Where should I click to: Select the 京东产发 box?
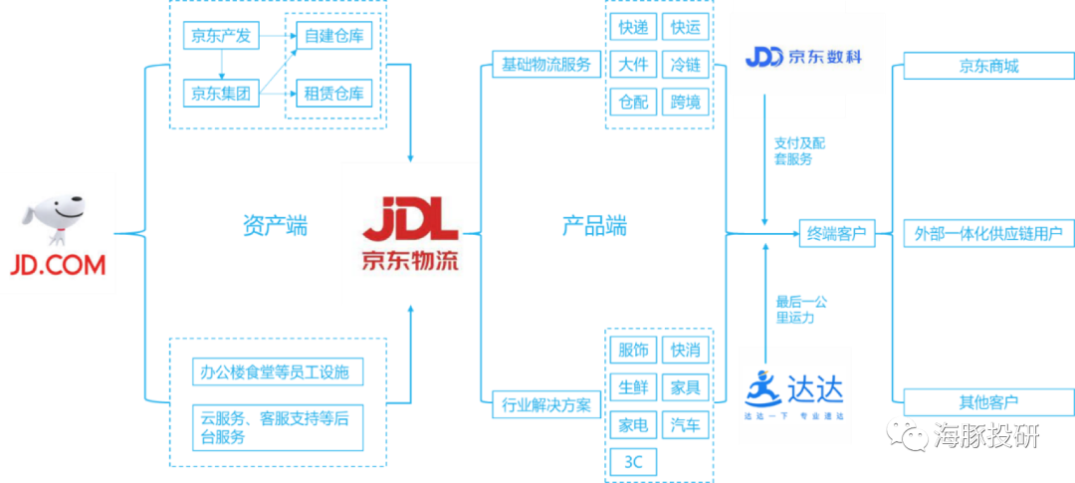[222, 39]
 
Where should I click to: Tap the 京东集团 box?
[222, 94]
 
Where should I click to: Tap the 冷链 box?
[686, 66]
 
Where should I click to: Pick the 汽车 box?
[686, 424]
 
